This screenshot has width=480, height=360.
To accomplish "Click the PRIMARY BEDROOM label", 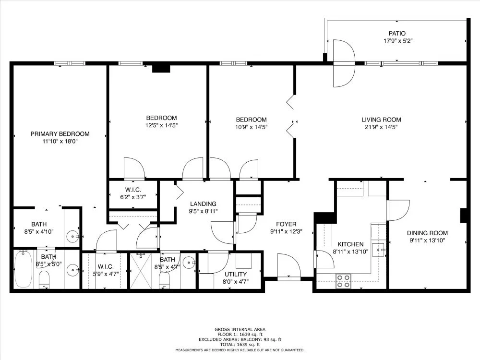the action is [x=60, y=134].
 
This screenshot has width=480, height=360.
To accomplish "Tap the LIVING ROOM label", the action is [x=381, y=120].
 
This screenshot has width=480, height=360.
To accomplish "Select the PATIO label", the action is [x=397, y=34].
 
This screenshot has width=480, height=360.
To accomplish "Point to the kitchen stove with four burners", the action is [x=343, y=281].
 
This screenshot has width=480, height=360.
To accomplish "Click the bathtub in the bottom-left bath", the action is [x=23, y=269].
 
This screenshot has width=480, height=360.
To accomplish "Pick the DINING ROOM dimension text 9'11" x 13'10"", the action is [x=427, y=240].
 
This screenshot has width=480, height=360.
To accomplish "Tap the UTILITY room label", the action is [x=235, y=274].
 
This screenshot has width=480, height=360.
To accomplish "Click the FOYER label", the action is [x=286, y=224].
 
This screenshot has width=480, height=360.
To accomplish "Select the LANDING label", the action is [x=203, y=204].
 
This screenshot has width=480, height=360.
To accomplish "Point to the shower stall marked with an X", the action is [x=141, y=271].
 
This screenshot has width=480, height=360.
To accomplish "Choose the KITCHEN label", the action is [x=350, y=244].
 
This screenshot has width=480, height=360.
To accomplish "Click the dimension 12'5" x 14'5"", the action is [x=161, y=125].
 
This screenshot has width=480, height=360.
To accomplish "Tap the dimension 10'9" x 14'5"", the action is [x=252, y=127].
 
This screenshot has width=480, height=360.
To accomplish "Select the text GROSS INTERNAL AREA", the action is [x=240, y=330].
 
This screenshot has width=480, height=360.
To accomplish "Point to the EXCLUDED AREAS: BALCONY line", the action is [x=240, y=339].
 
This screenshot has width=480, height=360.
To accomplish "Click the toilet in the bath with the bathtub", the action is [x=44, y=279].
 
